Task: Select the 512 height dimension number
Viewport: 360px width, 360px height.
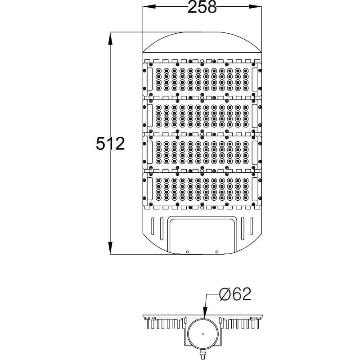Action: pos(110,144)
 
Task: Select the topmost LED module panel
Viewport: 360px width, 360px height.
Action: pos(202,79)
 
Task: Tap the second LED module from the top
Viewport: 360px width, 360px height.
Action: pos(202,116)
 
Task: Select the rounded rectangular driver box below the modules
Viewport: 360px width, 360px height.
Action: pos(202,234)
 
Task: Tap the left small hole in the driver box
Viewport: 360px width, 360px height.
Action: pos(188,252)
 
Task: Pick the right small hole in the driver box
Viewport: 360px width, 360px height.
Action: pos(216,252)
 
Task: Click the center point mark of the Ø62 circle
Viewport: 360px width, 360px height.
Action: pos(203,334)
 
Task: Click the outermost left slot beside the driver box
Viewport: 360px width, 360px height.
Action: pos(153,228)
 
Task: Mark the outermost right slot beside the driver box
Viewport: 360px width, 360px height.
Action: pos(252,228)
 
